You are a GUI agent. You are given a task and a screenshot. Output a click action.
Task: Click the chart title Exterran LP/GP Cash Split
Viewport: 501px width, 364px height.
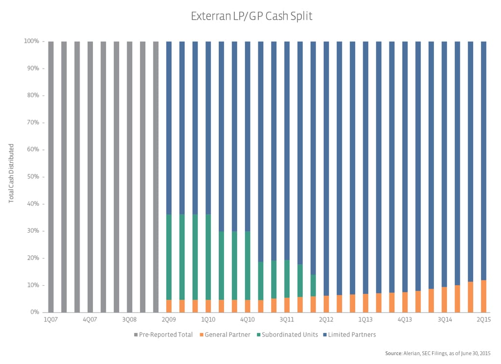point(251,16)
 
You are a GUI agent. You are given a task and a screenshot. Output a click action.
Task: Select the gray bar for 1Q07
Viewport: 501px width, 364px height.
point(51,176)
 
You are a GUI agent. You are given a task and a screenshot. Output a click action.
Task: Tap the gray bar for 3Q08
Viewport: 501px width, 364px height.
point(130,176)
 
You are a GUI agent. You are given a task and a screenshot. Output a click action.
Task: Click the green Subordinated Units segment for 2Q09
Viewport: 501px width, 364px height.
point(169,257)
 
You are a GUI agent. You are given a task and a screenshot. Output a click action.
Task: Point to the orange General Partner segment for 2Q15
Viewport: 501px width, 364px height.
point(483,296)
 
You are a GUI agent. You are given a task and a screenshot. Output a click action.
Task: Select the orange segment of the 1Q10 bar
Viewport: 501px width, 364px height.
point(208,306)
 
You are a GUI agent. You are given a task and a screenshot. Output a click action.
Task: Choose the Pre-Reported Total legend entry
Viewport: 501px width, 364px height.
point(163,335)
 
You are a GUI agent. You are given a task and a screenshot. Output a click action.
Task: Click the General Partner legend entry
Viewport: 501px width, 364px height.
point(226,335)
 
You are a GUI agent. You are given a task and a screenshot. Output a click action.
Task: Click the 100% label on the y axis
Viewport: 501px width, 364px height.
point(32,41)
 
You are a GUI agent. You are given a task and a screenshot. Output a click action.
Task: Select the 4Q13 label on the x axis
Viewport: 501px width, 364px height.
point(405,319)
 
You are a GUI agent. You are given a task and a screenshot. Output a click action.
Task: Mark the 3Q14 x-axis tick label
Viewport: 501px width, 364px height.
point(444,319)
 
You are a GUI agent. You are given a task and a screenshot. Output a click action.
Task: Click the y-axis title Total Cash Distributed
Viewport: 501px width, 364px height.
point(11,173)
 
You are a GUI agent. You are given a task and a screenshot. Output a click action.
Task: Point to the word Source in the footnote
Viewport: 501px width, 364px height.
point(393,353)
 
